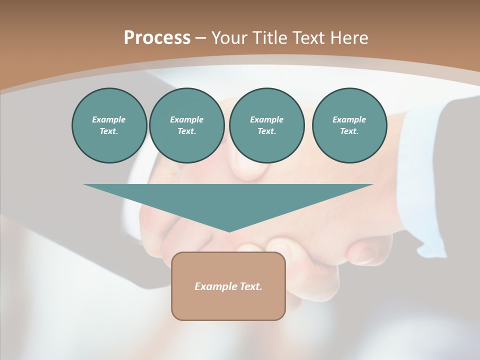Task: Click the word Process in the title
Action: click(x=157, y=38)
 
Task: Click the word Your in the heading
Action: click(x=228, y=38)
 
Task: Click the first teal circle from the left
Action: click(x=109, y=125)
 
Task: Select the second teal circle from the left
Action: click(x=186, y=125)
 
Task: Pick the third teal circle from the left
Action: click(x=266, y=125)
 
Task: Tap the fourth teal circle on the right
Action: click(x=349, y=125)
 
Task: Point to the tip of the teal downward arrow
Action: click(x=229, y=230)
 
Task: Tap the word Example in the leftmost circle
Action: click(x=109, y=119)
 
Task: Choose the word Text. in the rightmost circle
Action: click(x=349, y=131)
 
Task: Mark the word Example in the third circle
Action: click(x=266, y=119)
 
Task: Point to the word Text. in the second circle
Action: click(x=186, y=131)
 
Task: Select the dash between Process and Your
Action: click(x=201, y=38)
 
